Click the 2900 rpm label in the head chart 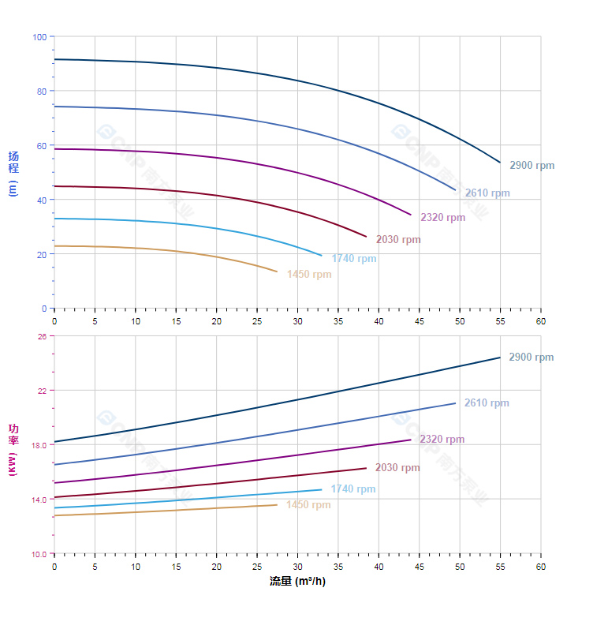pos(531,166)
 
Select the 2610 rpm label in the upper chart pos(487,193)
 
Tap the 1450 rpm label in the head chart pos(309,275)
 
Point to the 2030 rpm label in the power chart pos(397,468)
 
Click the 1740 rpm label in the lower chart pos(353,489)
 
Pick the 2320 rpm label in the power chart pos(442,440)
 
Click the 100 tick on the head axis pos(39,37)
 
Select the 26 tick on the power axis pos(42,336)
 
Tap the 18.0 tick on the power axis pos(39,445)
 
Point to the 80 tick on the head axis pos(42,92)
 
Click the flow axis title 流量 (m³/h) pos(296,582)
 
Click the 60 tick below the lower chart pos(541,567)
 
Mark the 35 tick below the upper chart pos(338,321)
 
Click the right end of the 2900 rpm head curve pos(500,163)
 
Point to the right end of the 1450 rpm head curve pos(278,271)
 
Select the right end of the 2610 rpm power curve pos(455,403)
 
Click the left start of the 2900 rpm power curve pos(54,442)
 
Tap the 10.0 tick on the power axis pos(39,553)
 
